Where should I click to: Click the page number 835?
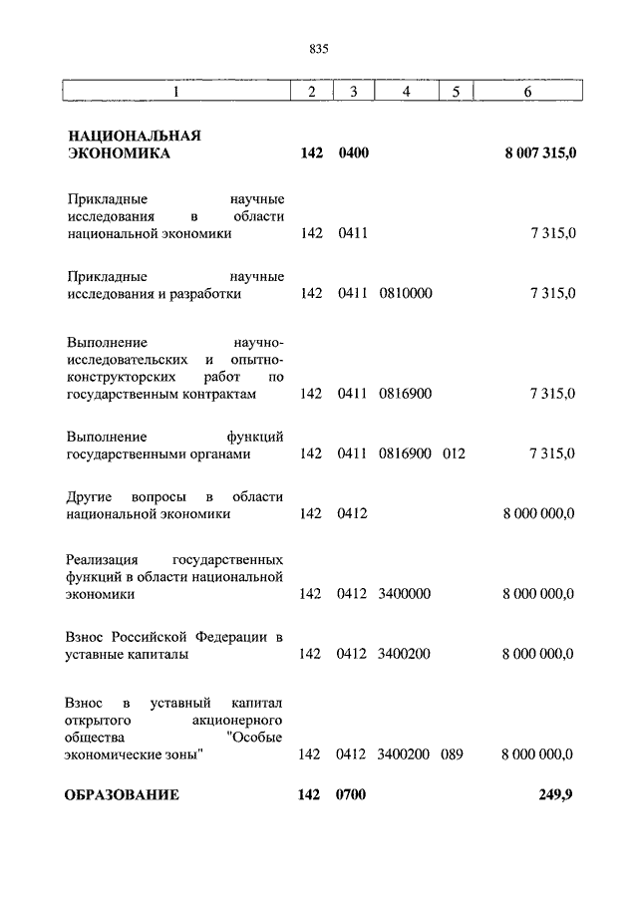319,48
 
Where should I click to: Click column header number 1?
175,93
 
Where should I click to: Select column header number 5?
455,93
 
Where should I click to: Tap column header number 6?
527,93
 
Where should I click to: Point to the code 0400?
353,154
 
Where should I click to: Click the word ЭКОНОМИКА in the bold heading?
119,154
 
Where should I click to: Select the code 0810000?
405,294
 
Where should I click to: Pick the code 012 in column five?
454,453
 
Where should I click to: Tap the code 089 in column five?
454,754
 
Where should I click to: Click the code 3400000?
405,594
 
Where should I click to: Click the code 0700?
353,795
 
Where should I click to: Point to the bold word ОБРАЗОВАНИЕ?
123,795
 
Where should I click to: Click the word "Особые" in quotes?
256,737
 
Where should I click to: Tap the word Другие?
90,496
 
